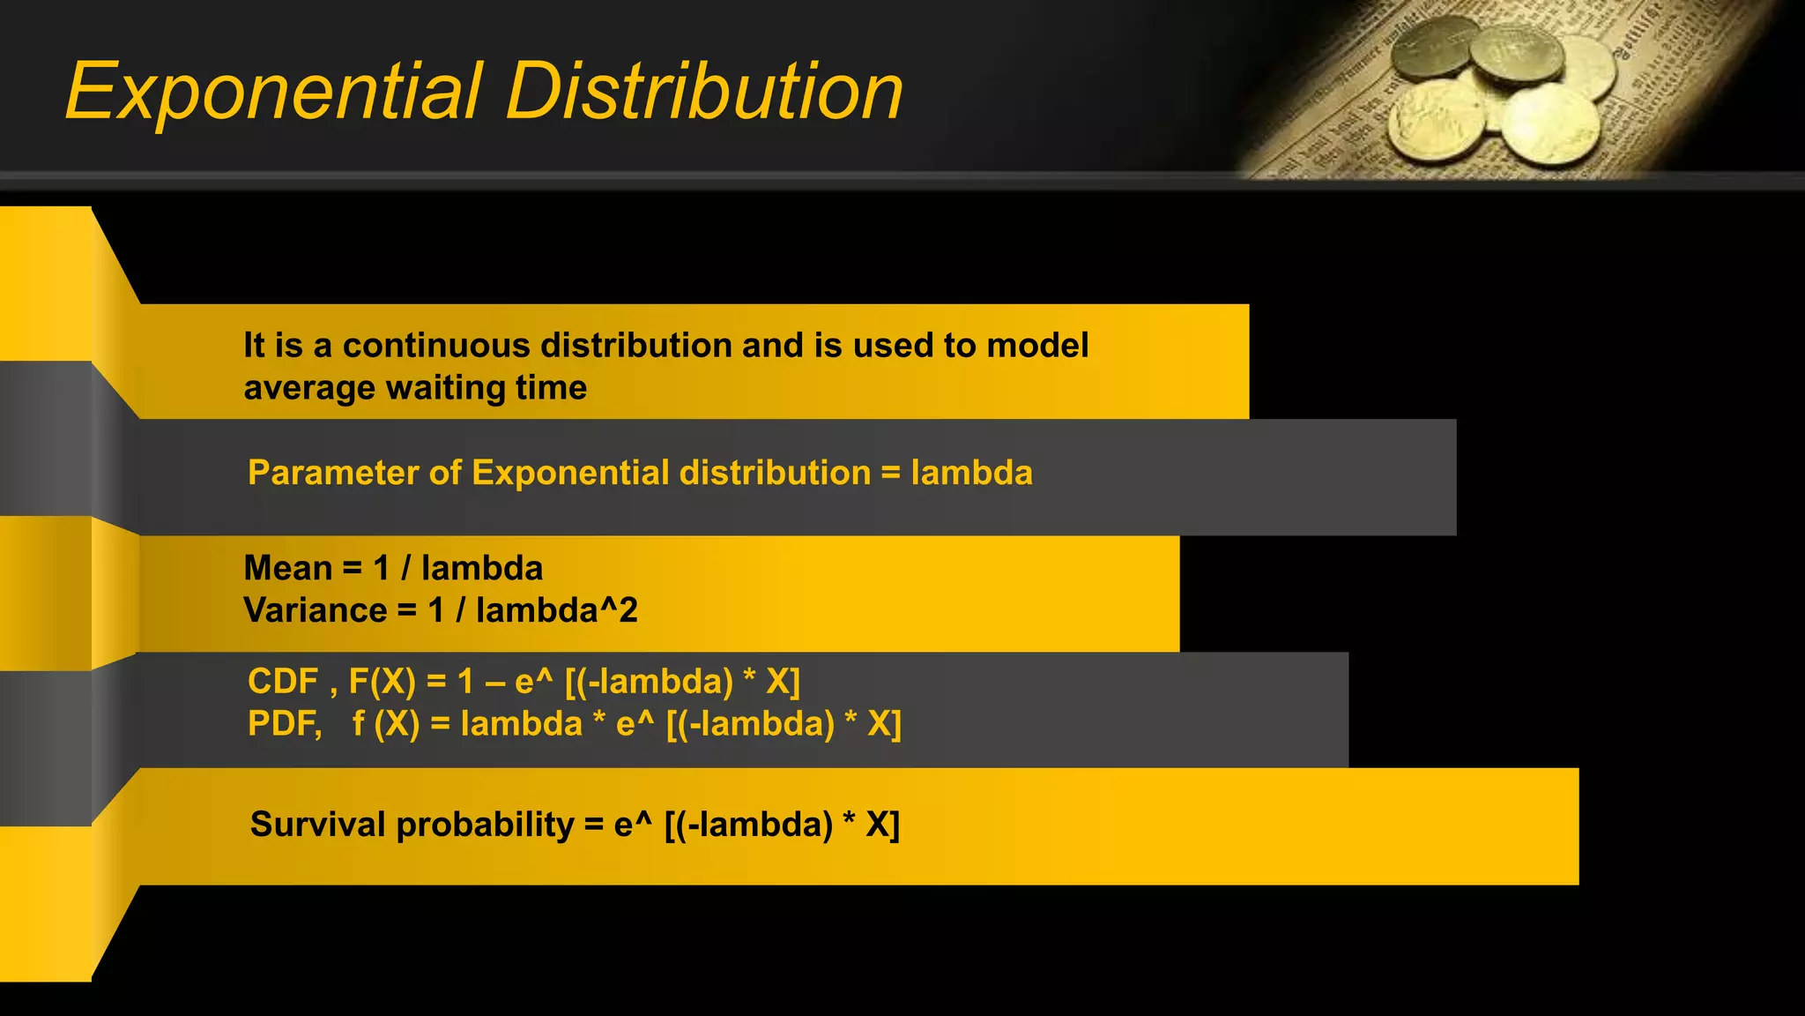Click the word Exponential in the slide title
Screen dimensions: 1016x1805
274,92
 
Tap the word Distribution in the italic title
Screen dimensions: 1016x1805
704,92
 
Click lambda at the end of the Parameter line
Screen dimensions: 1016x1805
971,473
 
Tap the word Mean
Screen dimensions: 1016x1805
287,568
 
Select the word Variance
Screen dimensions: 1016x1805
316,610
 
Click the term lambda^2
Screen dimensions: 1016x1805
556,610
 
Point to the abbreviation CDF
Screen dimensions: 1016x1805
283,682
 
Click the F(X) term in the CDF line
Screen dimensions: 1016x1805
382,682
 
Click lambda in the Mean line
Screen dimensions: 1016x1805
481,568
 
